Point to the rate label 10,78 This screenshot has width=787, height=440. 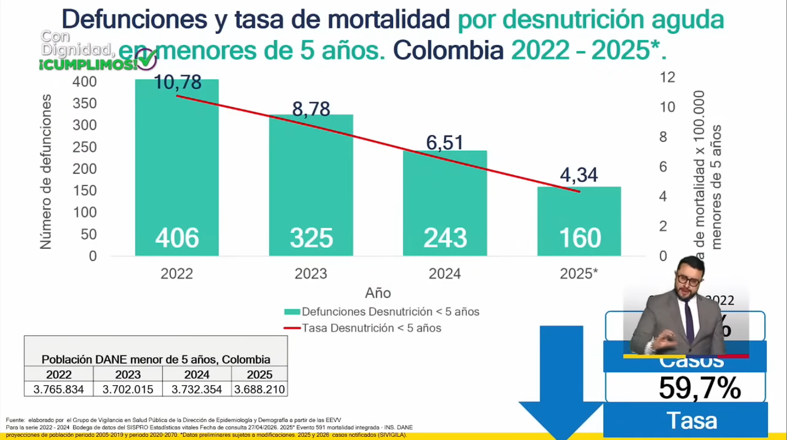[x=178, y=83]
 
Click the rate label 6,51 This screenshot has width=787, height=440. [x=445, y=142]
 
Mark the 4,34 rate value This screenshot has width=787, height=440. [x=579, y=175]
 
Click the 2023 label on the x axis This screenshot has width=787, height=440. [x=311, y=274]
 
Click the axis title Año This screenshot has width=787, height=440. [x=378, y=292]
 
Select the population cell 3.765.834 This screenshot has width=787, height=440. [x=59, y=390]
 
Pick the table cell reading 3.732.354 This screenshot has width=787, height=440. [x=196, y=390]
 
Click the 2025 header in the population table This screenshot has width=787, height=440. [x=260, y=375]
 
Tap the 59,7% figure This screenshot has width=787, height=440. [x=700, y=388]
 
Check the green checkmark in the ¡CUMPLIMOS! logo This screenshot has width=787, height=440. [x=147, y=60]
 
